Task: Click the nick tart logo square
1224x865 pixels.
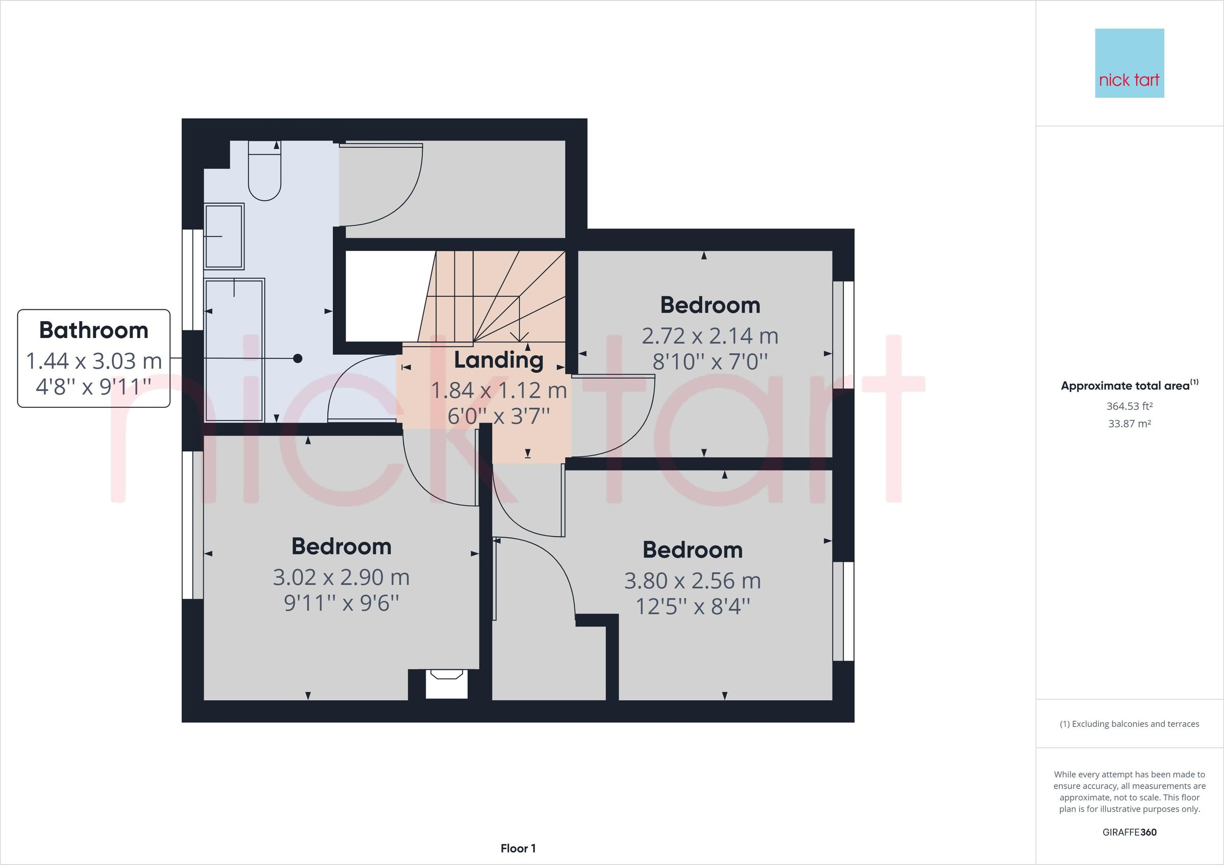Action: click(x=1129, y=63)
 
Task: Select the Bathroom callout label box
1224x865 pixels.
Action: click(x=94, y=358)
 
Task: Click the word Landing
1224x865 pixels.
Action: click(x=498, y=360)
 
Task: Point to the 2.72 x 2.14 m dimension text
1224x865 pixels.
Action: click(x=709, y=336)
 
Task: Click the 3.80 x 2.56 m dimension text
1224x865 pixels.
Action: click(x=693, y=581)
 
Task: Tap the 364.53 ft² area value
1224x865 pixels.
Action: click(x=1129, y=406)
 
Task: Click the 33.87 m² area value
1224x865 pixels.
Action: click(x=1129, y=424)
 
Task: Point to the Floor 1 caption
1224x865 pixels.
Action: click(x=518, y=849)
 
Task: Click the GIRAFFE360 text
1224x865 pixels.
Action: click(x=1129, y=832)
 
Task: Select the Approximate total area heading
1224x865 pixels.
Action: click(x=1129, y=385)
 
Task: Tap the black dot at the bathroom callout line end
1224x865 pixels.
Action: click(x=298, y=359)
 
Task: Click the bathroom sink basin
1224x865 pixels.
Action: click(x=224, y=236)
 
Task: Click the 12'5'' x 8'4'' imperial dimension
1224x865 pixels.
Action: click(x=693, y=607)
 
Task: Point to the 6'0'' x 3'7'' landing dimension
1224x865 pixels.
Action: click(x=498, y=416)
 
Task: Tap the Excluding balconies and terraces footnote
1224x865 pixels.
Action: click(x=1129, y=724)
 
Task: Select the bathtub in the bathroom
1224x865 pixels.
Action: click(x=235, y=350)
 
